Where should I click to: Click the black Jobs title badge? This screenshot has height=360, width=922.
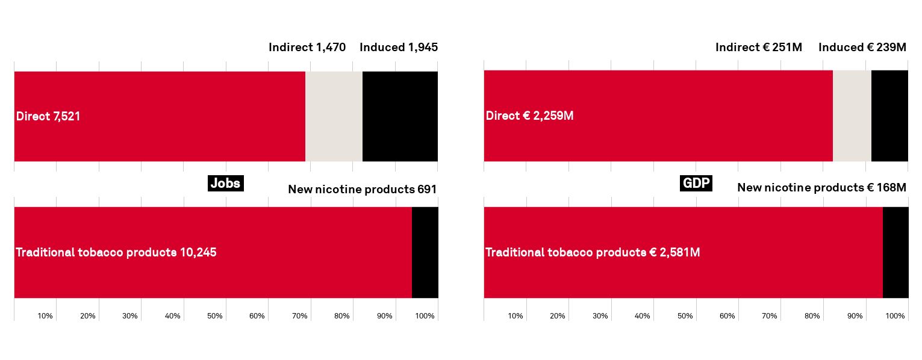(x=226, y=183)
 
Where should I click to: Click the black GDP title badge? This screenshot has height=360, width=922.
(x=696, y=183)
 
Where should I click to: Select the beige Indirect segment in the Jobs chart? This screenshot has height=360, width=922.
(x=334, y=116)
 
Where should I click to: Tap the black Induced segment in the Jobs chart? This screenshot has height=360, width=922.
(x=400, y=116)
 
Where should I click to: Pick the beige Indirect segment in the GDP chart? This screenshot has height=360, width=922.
(x=852, y=116)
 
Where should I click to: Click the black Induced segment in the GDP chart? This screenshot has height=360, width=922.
(x=889, y=116)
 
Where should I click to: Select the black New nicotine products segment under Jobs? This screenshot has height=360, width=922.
(x=425, y=252)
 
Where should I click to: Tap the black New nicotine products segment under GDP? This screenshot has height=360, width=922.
(x=896, y=252)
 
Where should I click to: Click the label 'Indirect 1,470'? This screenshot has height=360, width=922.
(x=307, y=48)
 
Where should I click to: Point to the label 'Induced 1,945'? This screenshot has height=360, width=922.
(x=399, y=48)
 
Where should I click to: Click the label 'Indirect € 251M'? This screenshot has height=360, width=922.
(x=759, y=48)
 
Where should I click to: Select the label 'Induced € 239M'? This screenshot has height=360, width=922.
(x=862, y=48)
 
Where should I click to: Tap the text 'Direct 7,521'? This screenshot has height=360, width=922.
(x=48, y=116)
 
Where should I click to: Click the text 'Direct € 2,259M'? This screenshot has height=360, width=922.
(x=530, y=116)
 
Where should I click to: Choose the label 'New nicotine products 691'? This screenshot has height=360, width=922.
(x=362, y=189)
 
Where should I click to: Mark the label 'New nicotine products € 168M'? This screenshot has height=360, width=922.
(x=821, y=188)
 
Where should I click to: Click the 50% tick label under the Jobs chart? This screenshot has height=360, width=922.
(x=214, y=316)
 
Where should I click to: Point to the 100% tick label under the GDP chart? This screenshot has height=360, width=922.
(x=895, y=316)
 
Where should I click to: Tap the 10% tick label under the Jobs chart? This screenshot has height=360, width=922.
(x=45, y=316)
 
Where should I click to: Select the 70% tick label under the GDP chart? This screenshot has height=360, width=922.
(x=769, y=316)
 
